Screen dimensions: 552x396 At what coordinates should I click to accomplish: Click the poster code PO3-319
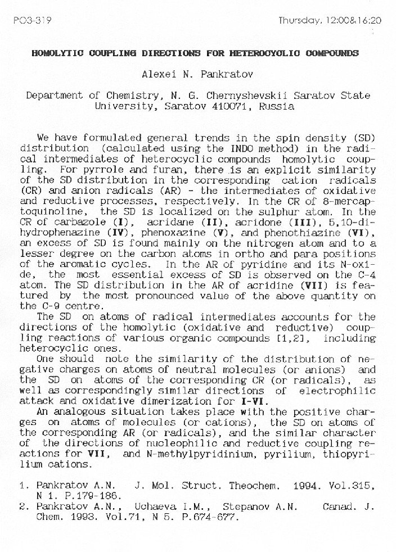click(32, 20)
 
